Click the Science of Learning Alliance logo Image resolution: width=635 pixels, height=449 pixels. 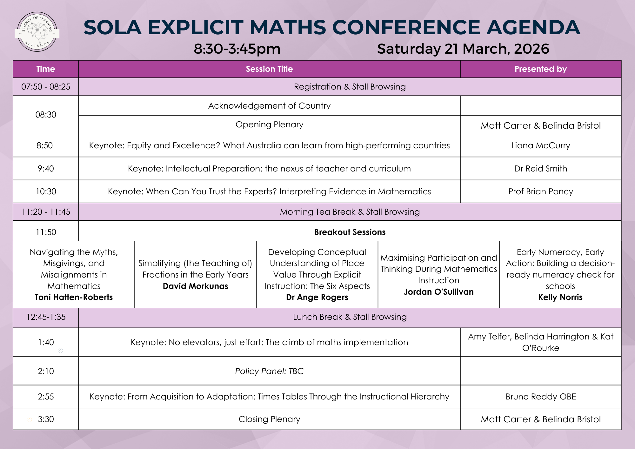37,32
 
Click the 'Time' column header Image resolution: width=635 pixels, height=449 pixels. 46,69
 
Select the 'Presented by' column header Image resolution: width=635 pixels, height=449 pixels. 540,69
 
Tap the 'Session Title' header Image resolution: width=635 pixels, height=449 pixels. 269,69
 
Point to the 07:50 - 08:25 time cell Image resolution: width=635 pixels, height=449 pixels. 46,87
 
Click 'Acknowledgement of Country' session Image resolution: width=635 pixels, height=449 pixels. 269,106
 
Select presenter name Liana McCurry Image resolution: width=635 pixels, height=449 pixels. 540,145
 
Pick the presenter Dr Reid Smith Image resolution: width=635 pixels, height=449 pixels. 540,169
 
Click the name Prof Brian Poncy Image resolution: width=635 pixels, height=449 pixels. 540,191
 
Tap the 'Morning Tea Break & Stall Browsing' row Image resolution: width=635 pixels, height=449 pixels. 350,212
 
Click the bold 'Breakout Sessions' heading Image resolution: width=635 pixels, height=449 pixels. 350,232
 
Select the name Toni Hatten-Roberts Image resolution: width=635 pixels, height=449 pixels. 74,297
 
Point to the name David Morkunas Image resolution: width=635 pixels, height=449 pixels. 195,286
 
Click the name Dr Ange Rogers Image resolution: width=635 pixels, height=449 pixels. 317,297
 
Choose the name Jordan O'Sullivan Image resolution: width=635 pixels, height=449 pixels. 438,292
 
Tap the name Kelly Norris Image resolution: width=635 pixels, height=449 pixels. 560,297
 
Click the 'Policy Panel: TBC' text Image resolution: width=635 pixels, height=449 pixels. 269,371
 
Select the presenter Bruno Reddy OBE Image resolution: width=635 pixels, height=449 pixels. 540,397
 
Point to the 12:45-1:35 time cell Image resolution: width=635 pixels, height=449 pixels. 46,317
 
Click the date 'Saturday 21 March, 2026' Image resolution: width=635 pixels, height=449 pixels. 463,49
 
